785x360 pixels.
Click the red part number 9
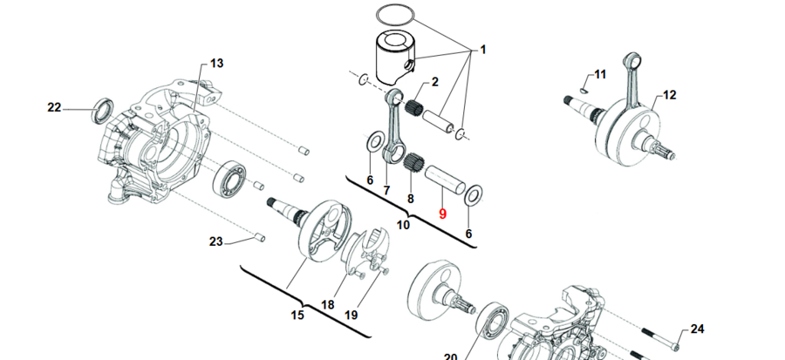coord(442,214)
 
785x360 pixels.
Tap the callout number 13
coord(216,63)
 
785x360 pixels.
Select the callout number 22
coord(54,107)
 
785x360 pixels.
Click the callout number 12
coord(669,95)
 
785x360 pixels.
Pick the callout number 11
coord(599,73)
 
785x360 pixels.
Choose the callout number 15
coord(297,315)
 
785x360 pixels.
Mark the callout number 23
coord(216,241)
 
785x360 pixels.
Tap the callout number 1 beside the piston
coord(481,51)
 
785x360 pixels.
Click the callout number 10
coord(403,225)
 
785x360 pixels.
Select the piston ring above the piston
coord(396,15)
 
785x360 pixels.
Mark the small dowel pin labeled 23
coord(259,234)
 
